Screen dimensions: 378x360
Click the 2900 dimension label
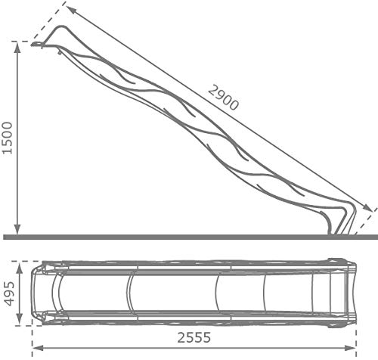click(223, 98)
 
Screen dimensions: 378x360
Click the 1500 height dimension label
click(7, 138)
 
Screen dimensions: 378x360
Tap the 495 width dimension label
click(9, 293)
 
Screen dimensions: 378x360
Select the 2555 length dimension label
click(194, 337)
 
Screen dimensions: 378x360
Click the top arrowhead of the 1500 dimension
click(17, 47)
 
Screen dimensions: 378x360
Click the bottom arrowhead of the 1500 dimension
click(17, 229)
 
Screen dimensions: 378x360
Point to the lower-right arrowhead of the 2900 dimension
click(367, 208)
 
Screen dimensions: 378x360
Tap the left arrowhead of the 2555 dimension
click(37, 348)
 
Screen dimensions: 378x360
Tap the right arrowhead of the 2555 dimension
click(351, 348)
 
